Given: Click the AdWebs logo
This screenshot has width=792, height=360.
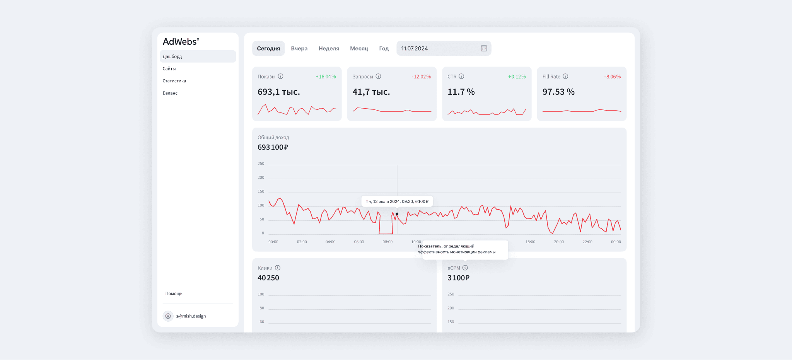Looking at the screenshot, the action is click(181, 42).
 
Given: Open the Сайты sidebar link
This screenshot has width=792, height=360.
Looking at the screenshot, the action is click(169, 69).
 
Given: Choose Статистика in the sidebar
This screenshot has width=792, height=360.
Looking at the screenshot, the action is click(174, 81).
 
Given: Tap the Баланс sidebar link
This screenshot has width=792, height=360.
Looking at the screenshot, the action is click(170, 93).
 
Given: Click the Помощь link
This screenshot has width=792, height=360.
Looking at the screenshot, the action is click(174, 293).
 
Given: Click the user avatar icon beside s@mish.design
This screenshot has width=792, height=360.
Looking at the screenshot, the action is click(168, 316).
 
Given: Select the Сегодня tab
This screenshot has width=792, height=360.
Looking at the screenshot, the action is click(268, 48).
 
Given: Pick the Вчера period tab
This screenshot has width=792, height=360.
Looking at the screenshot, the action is click(299, 48).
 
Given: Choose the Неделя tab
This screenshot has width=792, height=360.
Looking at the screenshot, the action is click(329, 48).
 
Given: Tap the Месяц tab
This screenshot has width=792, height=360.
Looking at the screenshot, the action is click(359, 48).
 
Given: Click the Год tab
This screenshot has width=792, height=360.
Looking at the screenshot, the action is click(384, 48).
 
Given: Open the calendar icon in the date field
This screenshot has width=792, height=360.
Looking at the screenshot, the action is click(484, 48).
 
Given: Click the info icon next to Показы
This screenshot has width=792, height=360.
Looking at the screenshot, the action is click(281, 76).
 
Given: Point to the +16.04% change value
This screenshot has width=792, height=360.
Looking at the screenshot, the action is click(326, 77).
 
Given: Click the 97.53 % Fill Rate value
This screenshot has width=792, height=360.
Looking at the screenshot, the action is click(558, 92).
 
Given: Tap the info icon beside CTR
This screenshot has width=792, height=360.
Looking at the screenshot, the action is click(461, 76).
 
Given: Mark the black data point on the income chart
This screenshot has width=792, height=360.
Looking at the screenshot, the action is click(397, 214).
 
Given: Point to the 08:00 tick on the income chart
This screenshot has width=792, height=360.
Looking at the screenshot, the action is click(387, 242).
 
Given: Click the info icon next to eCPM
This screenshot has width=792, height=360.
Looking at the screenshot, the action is click(465, 268).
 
